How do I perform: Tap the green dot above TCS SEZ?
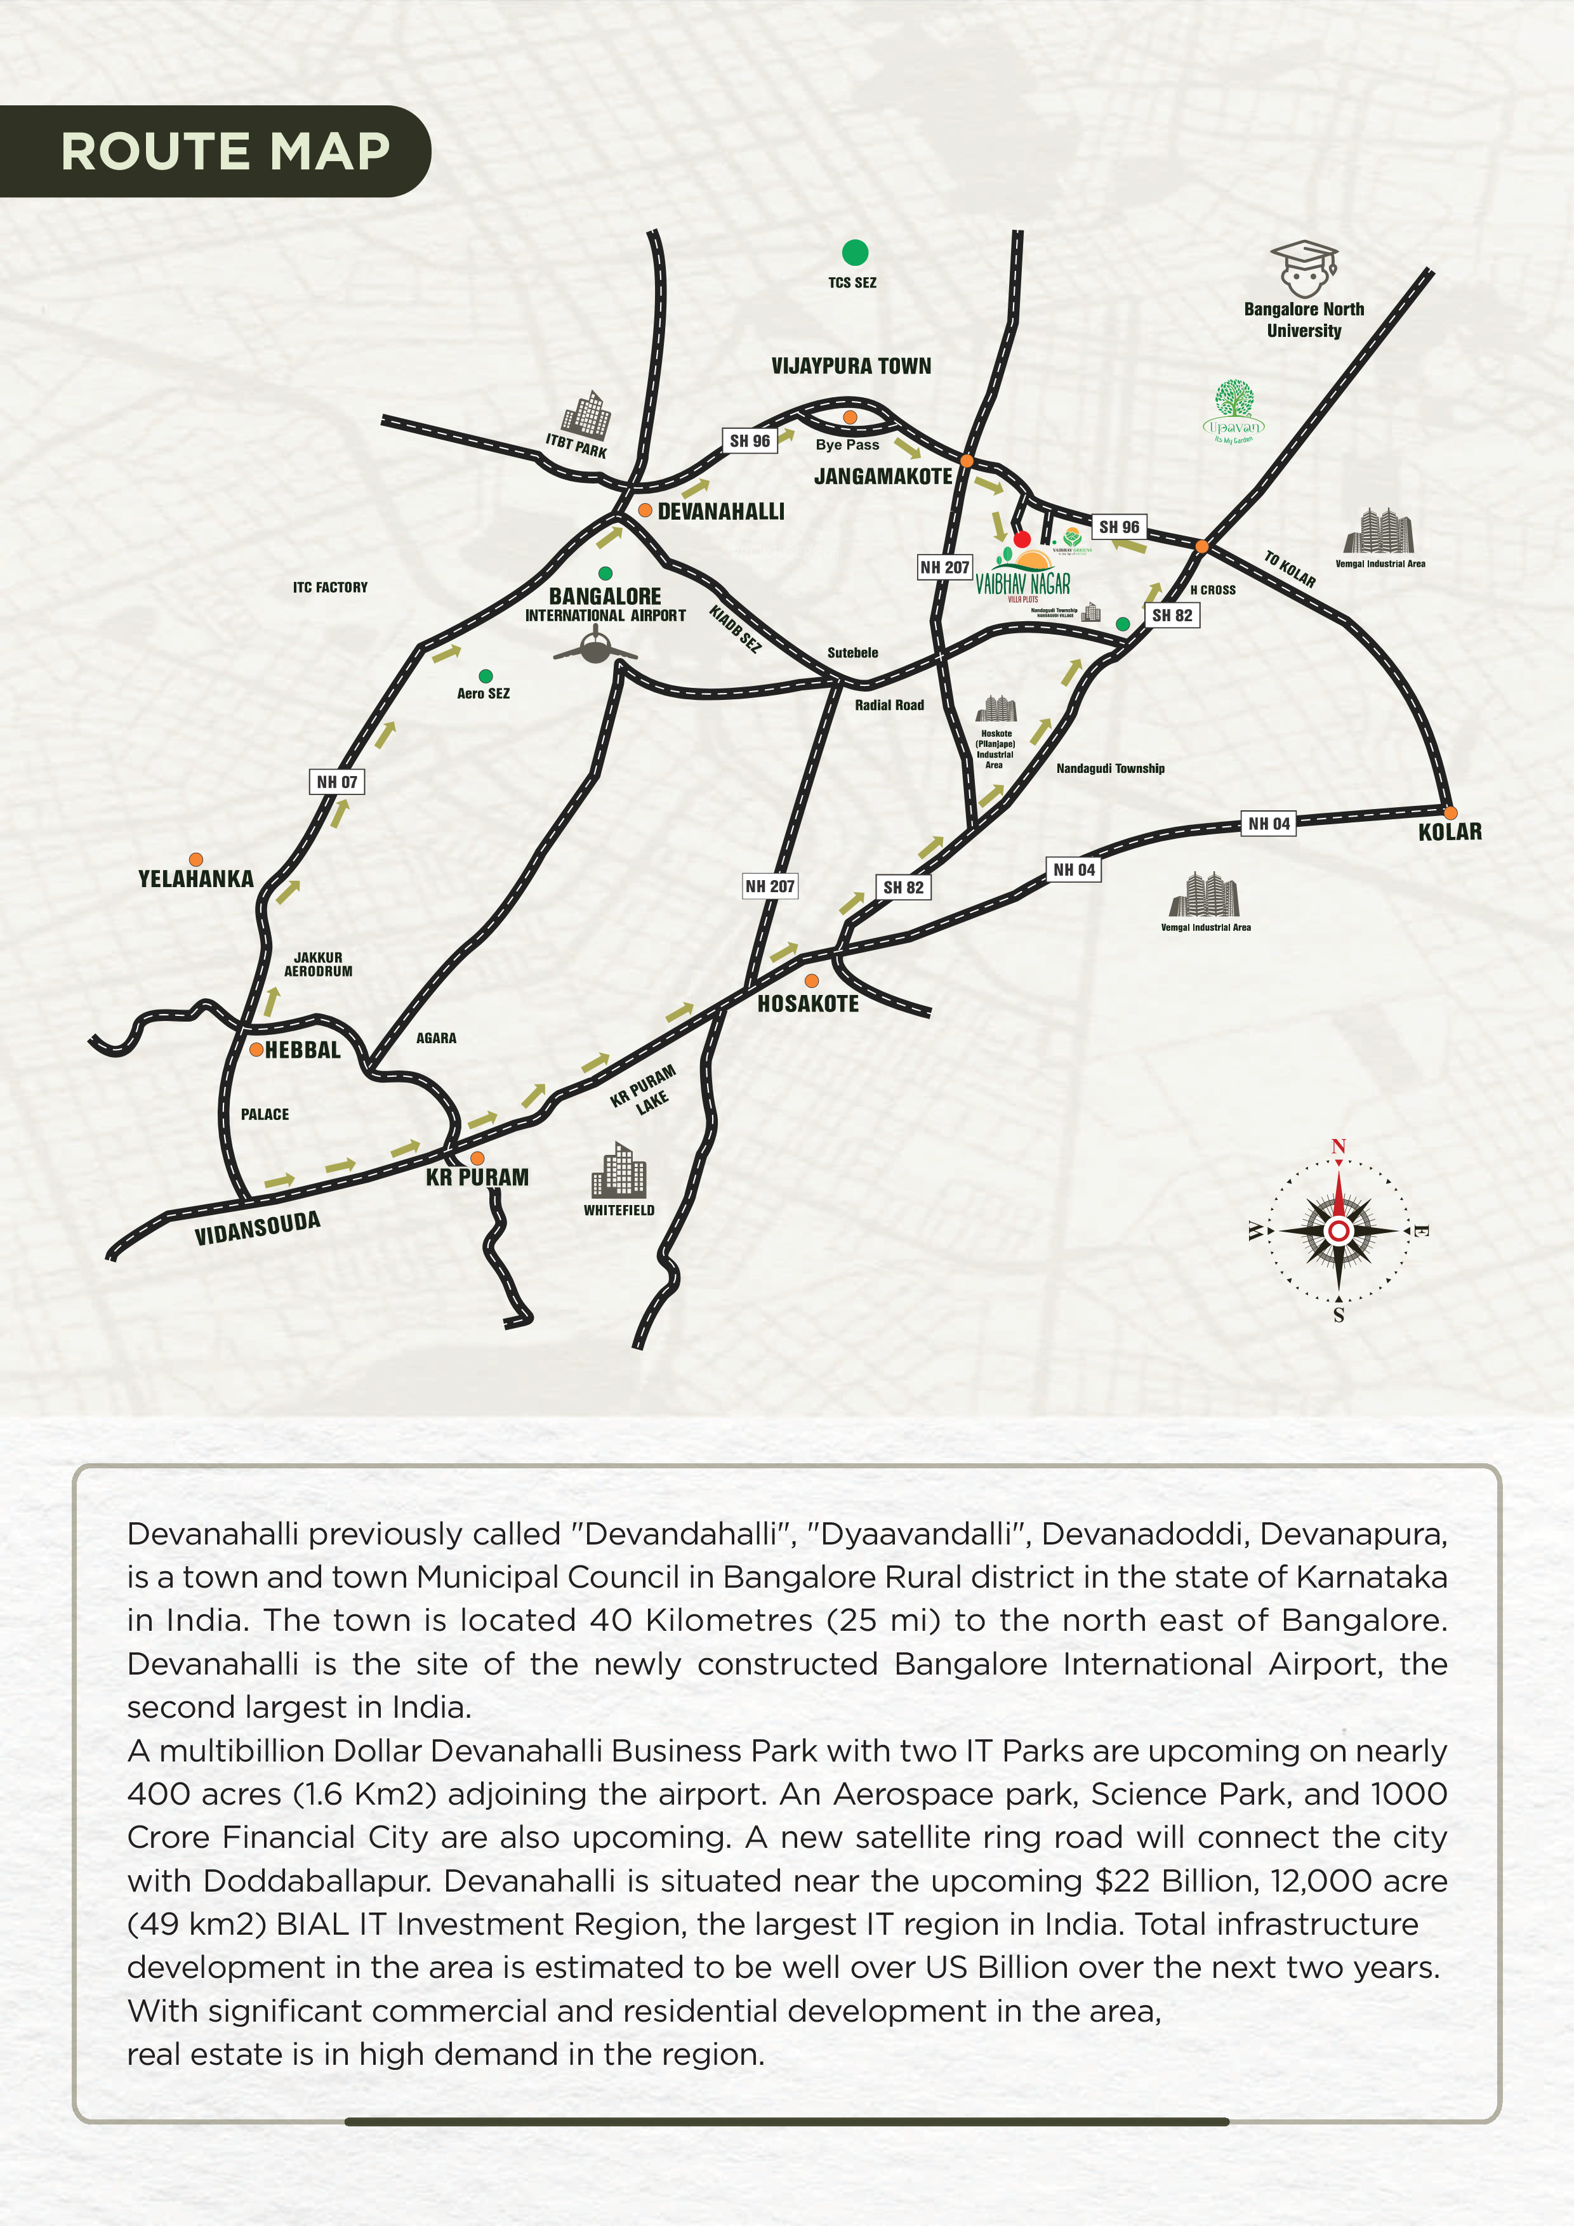854,253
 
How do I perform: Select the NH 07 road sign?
336,781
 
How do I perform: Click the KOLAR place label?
1450,832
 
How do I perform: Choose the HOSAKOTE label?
808,1003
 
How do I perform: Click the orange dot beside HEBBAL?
256,1049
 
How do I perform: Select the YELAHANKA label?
196,878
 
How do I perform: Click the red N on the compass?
1339,1147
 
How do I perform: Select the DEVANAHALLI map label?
720,512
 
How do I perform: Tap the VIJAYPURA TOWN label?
850,366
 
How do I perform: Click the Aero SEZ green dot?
486,676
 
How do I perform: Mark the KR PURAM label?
477,1177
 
